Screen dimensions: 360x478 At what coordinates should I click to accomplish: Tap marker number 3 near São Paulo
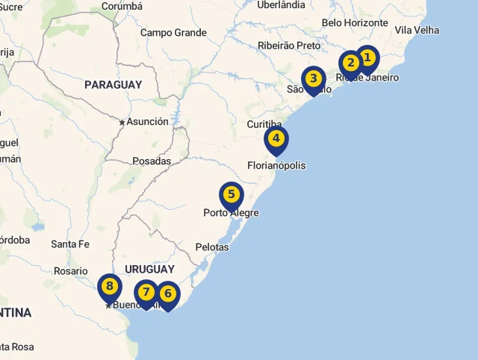pyautogui.click(x=314, y=78)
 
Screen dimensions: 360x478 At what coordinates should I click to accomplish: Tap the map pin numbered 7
pyautogui.click(x=146, y=292)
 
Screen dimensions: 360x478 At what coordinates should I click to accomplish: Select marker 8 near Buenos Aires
pyautogui.click(x=110, y=286)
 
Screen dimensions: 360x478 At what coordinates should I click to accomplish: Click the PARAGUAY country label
pyautogui.click(x=113, y=85)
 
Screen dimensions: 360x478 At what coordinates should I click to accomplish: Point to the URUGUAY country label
pyautogui.click(x=149, y=269)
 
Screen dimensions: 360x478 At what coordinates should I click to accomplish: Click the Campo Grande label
pyautogui.click(x=173, y=33)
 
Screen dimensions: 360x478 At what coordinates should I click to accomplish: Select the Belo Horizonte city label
pyautogui.click(x=355, y=23)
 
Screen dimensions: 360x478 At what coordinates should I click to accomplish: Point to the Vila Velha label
pyautogui.click(x=417, y=31)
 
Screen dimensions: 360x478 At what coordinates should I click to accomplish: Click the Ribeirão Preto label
pyautogui.click(x=288, y=46)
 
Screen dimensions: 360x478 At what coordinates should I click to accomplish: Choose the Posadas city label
pyautogui.click(x=152, y=161)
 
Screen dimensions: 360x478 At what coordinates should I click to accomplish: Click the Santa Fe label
pyautogui.click(x=70, y=244)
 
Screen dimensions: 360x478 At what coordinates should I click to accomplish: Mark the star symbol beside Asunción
pyautogui.click(x=122, y=122)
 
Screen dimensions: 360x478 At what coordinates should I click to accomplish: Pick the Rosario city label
pyautogui.click(x=70, y=272)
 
